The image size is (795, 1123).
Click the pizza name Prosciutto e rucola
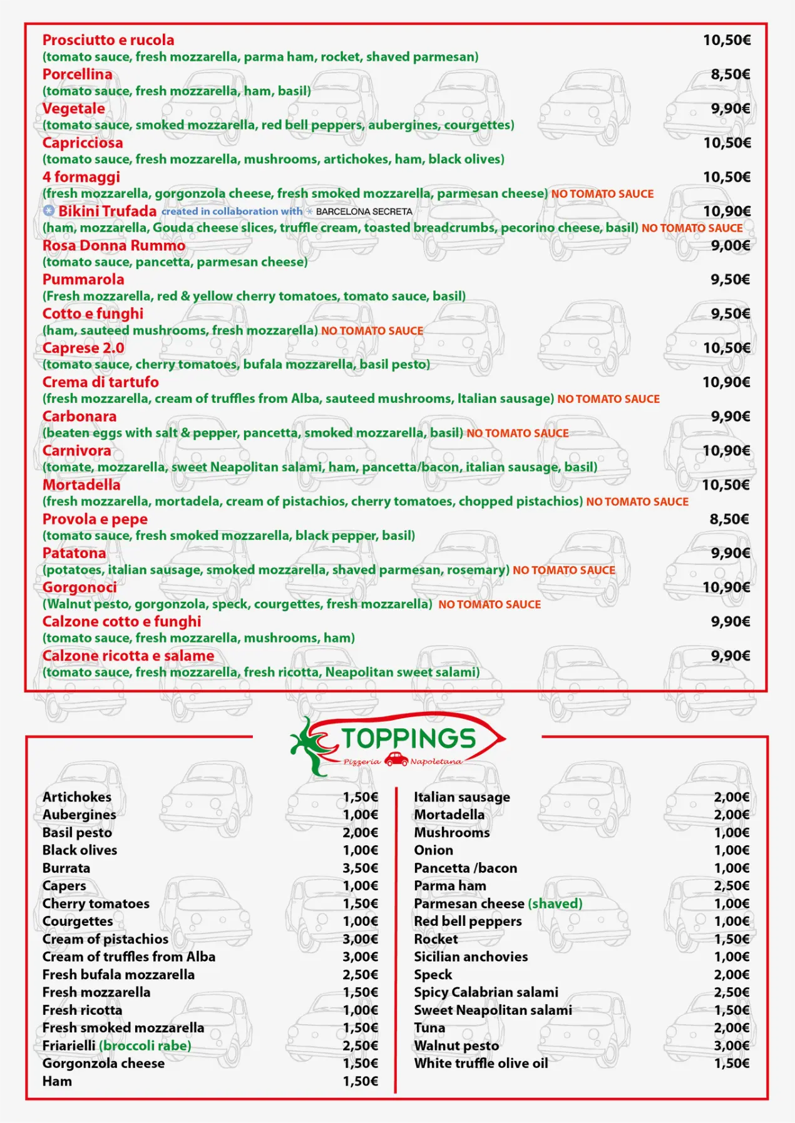(108, 40)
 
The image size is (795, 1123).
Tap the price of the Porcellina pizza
(730, 74)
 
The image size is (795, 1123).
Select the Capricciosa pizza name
(83, 143)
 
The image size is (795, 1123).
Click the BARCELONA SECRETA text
(364, 211)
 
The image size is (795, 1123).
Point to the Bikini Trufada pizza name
(107, 211)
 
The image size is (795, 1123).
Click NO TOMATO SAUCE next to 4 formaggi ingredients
(602, 194)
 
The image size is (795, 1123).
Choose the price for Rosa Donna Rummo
(730, 245)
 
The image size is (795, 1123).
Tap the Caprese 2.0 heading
(83, 348)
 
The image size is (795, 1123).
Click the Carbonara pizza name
(79, 416)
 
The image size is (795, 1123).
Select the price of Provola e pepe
(729, 519)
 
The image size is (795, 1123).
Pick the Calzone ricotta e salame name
(128, 656)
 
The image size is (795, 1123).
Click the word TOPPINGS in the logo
(408, 738)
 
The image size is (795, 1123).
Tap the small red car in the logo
(396, 760)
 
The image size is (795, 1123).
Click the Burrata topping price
(360, 868)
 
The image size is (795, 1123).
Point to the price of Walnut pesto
(731, 1045)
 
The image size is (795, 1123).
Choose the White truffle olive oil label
(481, 1063)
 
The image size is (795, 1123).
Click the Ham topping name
(57, 1081)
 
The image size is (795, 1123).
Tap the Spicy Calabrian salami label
(486, 992)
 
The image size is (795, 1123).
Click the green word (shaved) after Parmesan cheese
(555, 903)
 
